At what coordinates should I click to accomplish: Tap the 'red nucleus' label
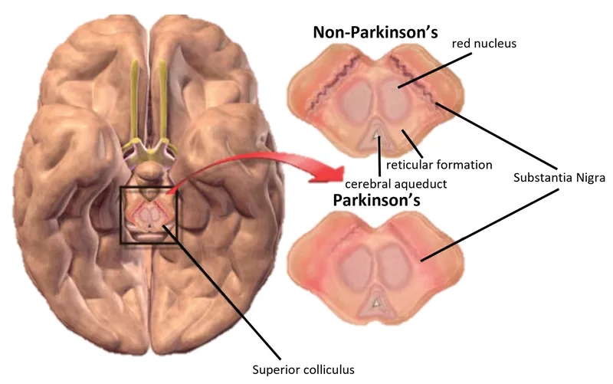coord(484,44)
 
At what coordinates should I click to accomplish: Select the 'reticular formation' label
coord(438,164)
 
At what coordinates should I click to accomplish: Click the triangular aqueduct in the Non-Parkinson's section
coord(376,136)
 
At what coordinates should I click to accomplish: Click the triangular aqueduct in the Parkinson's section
coord(376,304)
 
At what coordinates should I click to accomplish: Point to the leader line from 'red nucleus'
coord(429,72)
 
